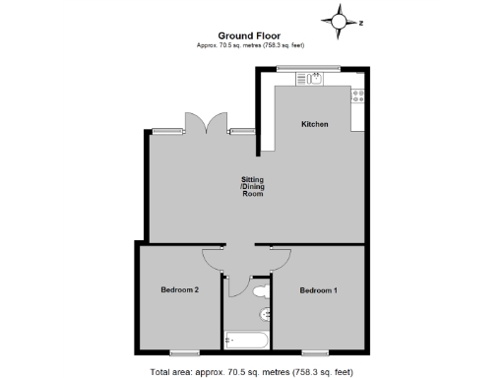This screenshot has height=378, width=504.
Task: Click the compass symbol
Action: (340, 21)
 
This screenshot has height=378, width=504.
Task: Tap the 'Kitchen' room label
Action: (314, 124)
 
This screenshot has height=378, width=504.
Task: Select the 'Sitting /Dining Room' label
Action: (253, 187)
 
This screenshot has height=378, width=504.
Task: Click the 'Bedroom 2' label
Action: (180, 289)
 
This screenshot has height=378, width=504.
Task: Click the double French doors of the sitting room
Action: (206, 123)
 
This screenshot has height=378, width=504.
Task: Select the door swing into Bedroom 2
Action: (213, 258)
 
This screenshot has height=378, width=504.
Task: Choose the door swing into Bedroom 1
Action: (279, 258)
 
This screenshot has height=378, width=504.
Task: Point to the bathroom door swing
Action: (233, 284)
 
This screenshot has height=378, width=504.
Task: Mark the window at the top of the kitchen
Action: (308, 68)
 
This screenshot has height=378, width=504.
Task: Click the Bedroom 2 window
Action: (183, 351)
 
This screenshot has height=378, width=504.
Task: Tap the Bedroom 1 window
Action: (315, 351)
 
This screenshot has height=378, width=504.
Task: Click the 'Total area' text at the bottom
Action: (252, 371)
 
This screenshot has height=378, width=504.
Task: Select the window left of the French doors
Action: (168, 131)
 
